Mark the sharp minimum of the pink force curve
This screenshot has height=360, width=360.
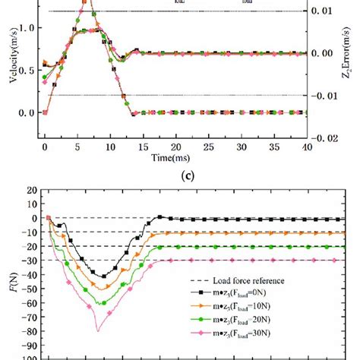coord(97,331)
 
